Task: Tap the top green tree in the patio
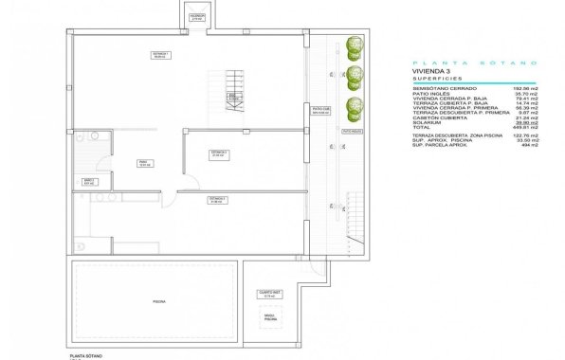tap(355, 45)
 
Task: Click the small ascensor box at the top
tap(197, 17)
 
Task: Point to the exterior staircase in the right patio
tap(356, 217)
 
